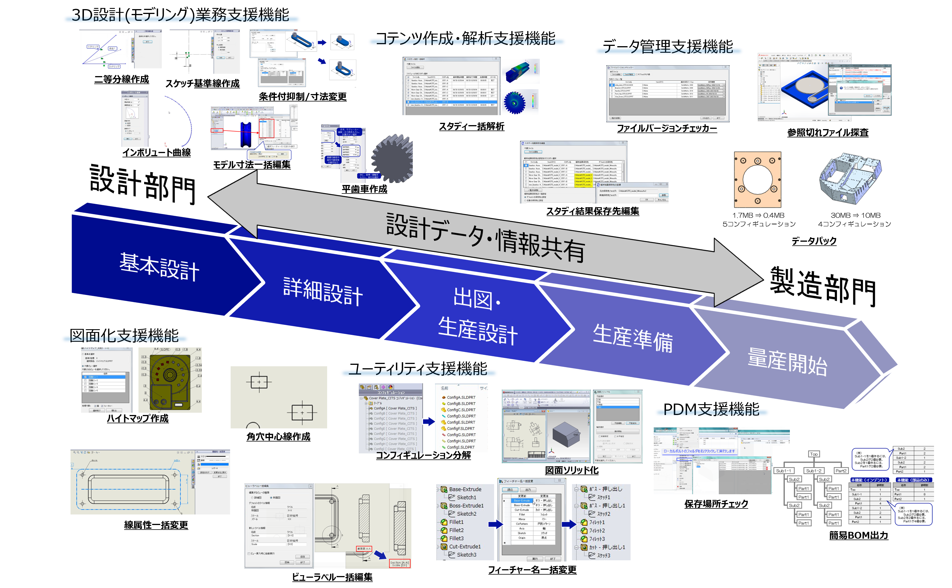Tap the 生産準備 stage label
(x=633, y=338)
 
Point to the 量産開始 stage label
(x=787, y=362)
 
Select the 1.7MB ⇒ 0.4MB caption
(x=758, y=215)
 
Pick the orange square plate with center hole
(x=757, y=180)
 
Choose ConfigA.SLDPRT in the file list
(x=461, y=397)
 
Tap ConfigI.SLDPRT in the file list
(x=461, y=447)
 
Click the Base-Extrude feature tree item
(x=465, y=489)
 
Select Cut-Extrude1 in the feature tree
(x=464, y=546)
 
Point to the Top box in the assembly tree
(x=814, y=454)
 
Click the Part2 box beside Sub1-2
(x=841, y=471)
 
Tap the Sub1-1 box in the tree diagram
(x=783, y=471)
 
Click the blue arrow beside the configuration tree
(x=429, y=422)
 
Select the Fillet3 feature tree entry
(x=456, y=538)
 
